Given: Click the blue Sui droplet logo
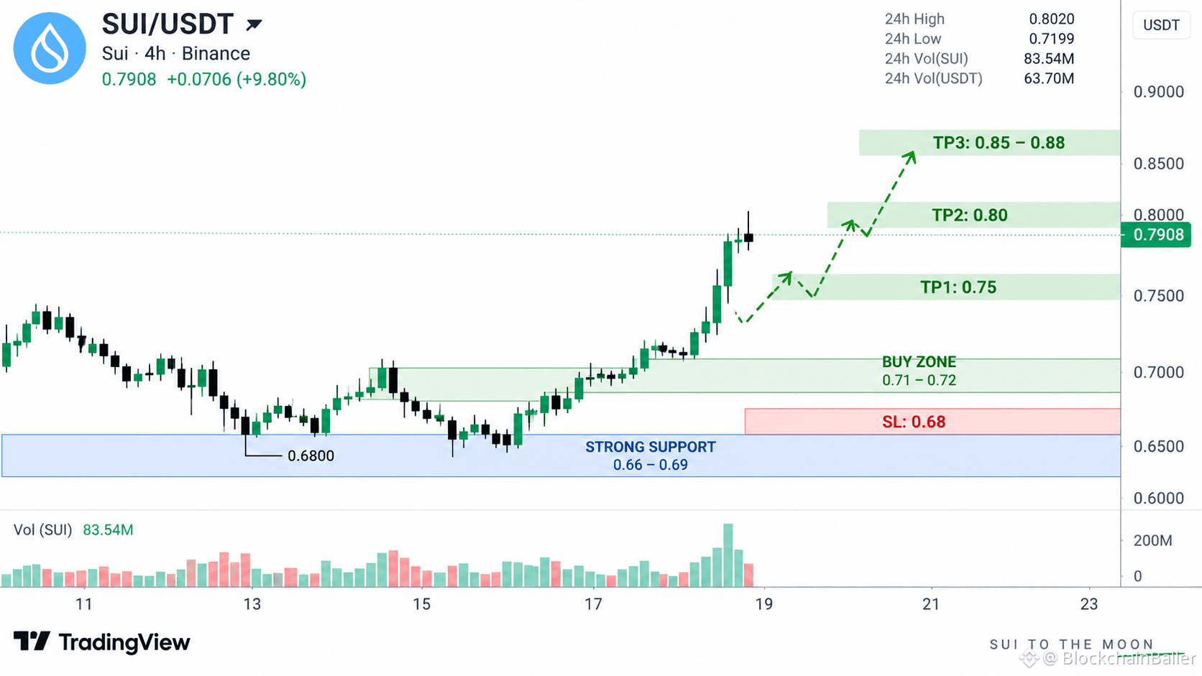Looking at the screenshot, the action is point(50,48).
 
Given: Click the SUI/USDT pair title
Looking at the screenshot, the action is point(168,24).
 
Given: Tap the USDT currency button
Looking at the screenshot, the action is point(1161,25).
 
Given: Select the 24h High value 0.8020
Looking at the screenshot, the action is point(1051,19).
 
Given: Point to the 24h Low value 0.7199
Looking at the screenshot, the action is point(1051,39).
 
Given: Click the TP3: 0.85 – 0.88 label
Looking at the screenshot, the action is point(999,142).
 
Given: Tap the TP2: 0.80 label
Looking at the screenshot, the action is point(970,215).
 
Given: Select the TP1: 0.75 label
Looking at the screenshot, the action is point(958,287).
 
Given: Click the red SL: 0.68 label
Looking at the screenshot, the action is point(914,422).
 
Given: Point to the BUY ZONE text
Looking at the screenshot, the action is point(919,362).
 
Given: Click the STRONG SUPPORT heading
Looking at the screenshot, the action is point(651,447).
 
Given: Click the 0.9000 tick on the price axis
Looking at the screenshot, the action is point(1159,92).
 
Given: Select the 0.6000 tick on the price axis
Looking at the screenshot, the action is point(1159,498).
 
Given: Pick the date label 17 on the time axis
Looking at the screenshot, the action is point(593,605).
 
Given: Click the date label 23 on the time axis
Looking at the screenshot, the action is point(1089,605).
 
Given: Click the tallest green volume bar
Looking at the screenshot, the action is point(728,555).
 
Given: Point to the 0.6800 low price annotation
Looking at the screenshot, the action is point(311,455).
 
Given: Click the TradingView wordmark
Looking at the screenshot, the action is point(102,642).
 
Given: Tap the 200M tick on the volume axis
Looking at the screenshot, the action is point(1152,540).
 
